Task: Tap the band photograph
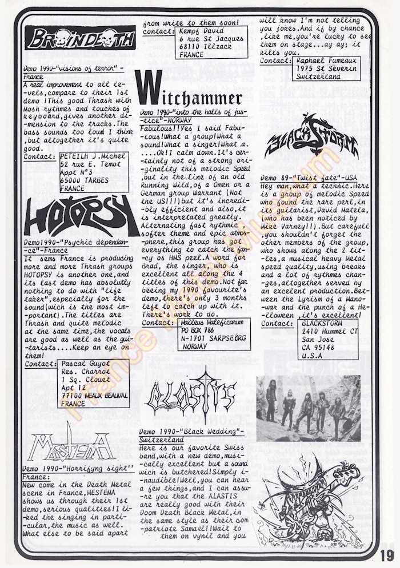click(308, 408)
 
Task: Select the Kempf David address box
click(211, 41)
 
